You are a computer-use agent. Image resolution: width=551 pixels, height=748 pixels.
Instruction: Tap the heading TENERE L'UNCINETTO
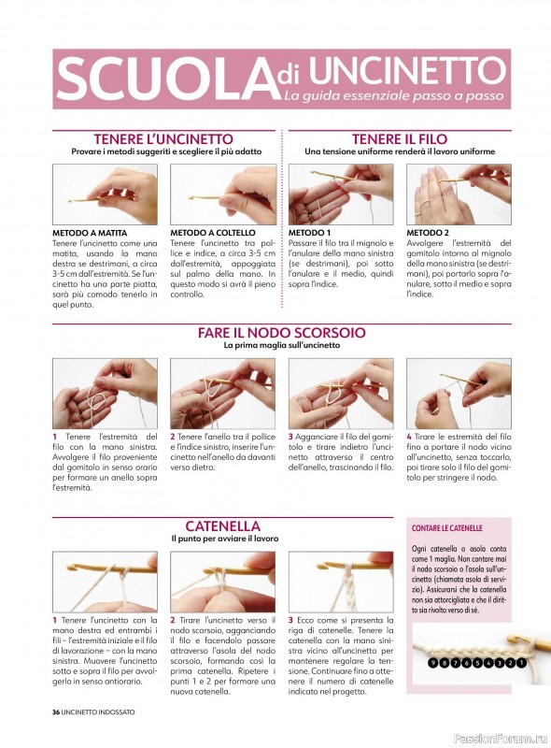pyautogui.click(x=163, y=139)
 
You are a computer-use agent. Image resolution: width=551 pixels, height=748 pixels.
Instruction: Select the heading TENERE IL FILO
pyautogui.click(x=400, y=139)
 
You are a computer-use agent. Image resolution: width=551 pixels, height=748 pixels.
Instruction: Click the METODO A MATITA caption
pyautogui.click(x=90, y=233)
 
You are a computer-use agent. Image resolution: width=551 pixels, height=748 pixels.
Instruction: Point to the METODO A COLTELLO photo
pyautogui.click(x=223, y=194)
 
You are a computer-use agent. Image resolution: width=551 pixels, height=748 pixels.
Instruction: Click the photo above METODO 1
pyautogui.click(x=341, y=194)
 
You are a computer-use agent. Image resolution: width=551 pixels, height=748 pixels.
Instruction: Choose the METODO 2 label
pyautogui.click(x=428, y=233)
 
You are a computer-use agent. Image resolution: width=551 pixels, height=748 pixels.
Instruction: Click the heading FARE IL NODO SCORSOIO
pyautogui.click(x=282, y=333)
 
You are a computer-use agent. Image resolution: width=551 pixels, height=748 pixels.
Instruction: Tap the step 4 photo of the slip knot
pyautogui.click(x=459, y=394)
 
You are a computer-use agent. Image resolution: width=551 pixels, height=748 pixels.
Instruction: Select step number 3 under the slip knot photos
pyautogui.click(x=290, y=437)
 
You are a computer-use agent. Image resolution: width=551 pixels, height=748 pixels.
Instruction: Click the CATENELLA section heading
pyautogui.click(x=222, y=526)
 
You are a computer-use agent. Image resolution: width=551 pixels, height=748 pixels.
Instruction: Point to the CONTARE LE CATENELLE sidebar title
pyautogui.click(x=447, y=528)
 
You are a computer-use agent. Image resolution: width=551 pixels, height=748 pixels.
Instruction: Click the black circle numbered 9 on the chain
pyautogui.click(x=432, y=663)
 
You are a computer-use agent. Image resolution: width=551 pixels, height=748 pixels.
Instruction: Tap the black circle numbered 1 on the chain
pyautogui.click(x=521, y=663)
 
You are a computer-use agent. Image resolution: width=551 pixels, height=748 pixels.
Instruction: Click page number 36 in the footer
pyautogui.click(x=56, y=712)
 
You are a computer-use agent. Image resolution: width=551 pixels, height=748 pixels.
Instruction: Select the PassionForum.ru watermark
pyautogui.click(x=500, y=739)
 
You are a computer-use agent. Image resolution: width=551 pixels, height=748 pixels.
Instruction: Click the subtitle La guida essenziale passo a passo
pyautogui.click(x=394, y=96)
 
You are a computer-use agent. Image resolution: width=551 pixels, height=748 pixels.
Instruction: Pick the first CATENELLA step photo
pyautogui.click(x=105, y=582)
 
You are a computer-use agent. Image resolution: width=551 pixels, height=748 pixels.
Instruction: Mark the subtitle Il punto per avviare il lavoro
pyautogui.click(x=225, y=539)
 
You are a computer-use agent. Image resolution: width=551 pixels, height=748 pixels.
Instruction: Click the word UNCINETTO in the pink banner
pyautogui.click(x=407, y=70)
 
